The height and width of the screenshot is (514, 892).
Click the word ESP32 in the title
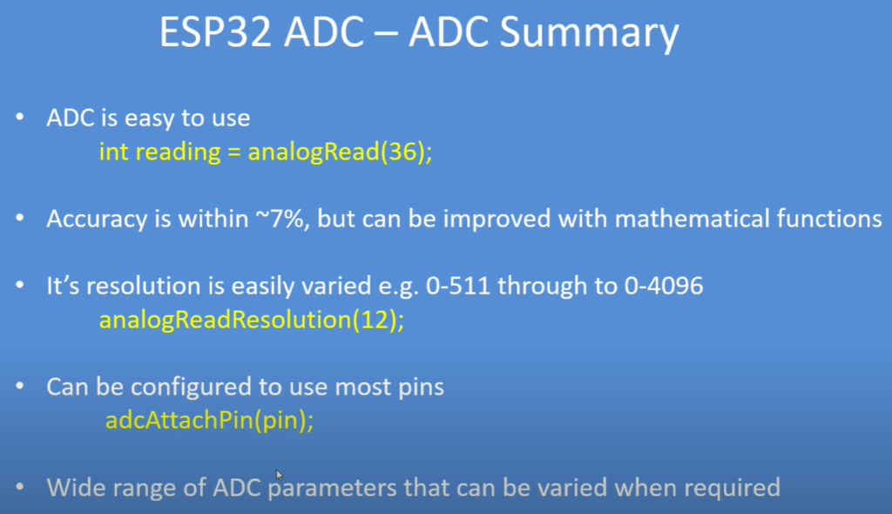[x=216, y=32]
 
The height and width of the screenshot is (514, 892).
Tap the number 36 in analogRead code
[x=402, y=152]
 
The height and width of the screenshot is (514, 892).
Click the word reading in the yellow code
[x=178, y=152]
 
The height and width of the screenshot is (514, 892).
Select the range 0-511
[x=458, y=286]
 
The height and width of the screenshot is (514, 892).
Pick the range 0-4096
[x=664, y=286]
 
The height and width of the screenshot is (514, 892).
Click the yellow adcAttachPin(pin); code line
[x=209, y=421]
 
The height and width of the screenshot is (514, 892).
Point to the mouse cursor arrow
[x=279, y=475]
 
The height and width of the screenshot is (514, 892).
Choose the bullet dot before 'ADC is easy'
[x=20, y=118]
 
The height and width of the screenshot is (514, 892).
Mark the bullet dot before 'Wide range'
[x=20, y=487]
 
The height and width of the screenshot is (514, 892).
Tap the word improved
[x=497, y=220]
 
